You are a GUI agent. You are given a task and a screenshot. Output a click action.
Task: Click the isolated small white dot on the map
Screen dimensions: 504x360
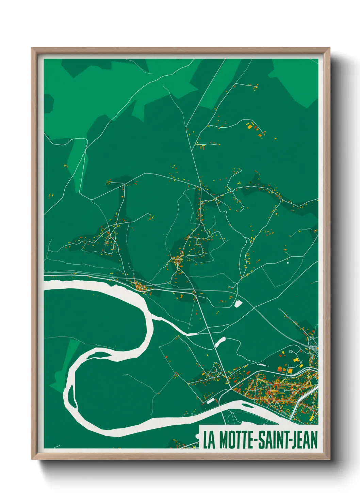(x=288, y=263)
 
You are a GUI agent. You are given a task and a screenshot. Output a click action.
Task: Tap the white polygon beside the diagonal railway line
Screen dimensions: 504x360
(x=238, y=303)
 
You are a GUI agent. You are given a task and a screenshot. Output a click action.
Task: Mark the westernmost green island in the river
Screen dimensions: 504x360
(x=71, y=396)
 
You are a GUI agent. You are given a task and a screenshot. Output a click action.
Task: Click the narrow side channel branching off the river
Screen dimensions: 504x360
(x=174, y=326)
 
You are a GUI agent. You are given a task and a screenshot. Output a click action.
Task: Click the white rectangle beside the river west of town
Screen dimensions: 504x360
(x=211, y=401)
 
